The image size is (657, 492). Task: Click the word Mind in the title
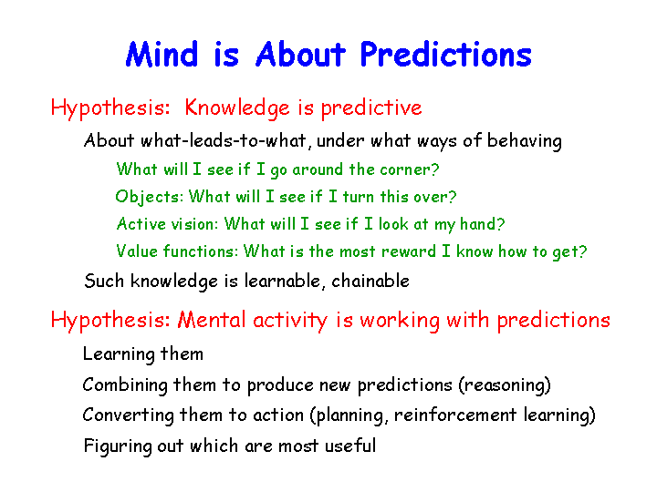(x=162, y=54)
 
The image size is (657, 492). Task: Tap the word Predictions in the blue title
(x=446, y=54)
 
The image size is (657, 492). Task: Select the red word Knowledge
(x=237, y=108)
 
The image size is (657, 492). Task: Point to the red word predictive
(x=371, y=108)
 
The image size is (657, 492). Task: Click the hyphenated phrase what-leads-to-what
(x=224, y=140)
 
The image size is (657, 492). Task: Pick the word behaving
(x=524, y=141)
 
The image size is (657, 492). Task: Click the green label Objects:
(x=149, y=197)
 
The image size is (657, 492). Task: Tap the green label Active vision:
(x=167, y=224)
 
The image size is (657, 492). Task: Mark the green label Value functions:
(x=177, y=251)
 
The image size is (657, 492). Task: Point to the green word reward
(x=409, y=251)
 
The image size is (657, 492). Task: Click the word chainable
(x=370, y=281)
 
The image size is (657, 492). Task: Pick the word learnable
(x=284, y=281)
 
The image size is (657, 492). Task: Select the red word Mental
(x=211, y=320)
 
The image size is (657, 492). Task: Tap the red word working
(x=401, y=322)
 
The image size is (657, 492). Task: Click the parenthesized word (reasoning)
(x=505, y=384)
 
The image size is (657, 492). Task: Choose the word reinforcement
(x=455, y=415)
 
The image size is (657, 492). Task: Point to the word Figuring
(x=118, y=446)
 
